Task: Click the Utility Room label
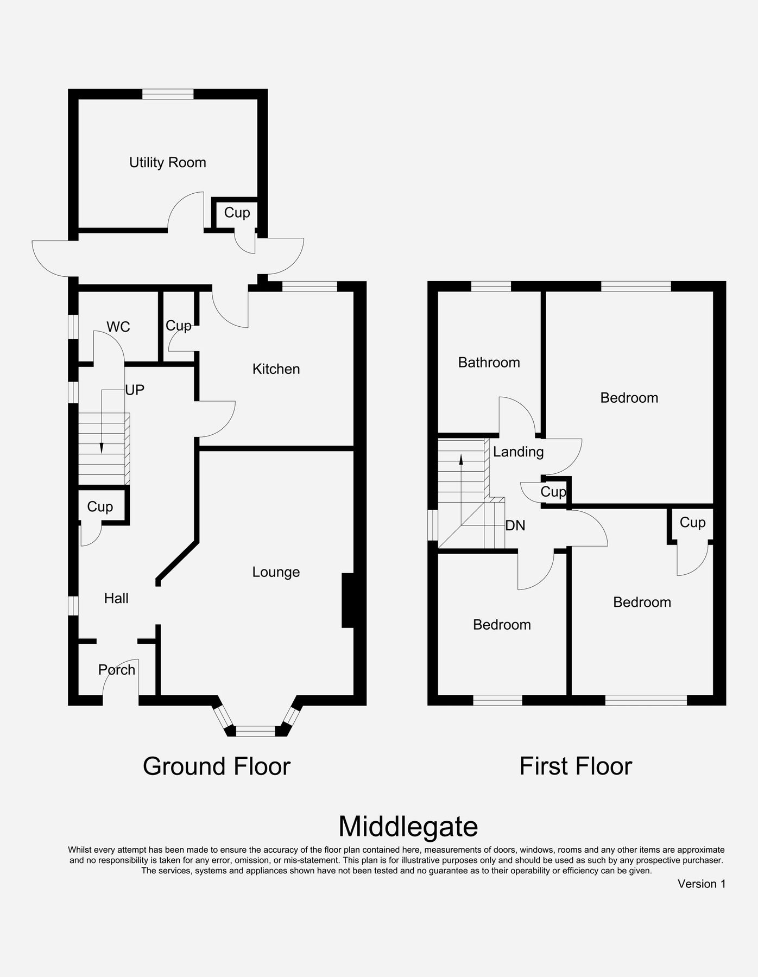point(167,162)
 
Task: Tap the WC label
point(118,327)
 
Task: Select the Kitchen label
point(276,369)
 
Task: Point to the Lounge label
point(276,572)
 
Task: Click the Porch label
point(117,670)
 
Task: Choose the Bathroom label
point(489,363)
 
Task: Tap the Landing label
point(518,452)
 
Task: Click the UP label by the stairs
point(135,390)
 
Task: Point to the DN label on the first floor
point(515,525)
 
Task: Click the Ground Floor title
point(217,766)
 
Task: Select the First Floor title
point(576,766)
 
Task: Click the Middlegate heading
point(408,827)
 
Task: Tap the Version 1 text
point(701,884)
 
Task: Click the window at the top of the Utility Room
point(168,94)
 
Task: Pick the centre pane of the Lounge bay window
point(255,732)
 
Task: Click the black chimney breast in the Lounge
point(348,601)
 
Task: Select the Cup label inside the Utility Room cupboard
point(237,213)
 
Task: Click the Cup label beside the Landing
point(553,492)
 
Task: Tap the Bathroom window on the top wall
point(491,287)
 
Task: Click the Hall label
point(116,598)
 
